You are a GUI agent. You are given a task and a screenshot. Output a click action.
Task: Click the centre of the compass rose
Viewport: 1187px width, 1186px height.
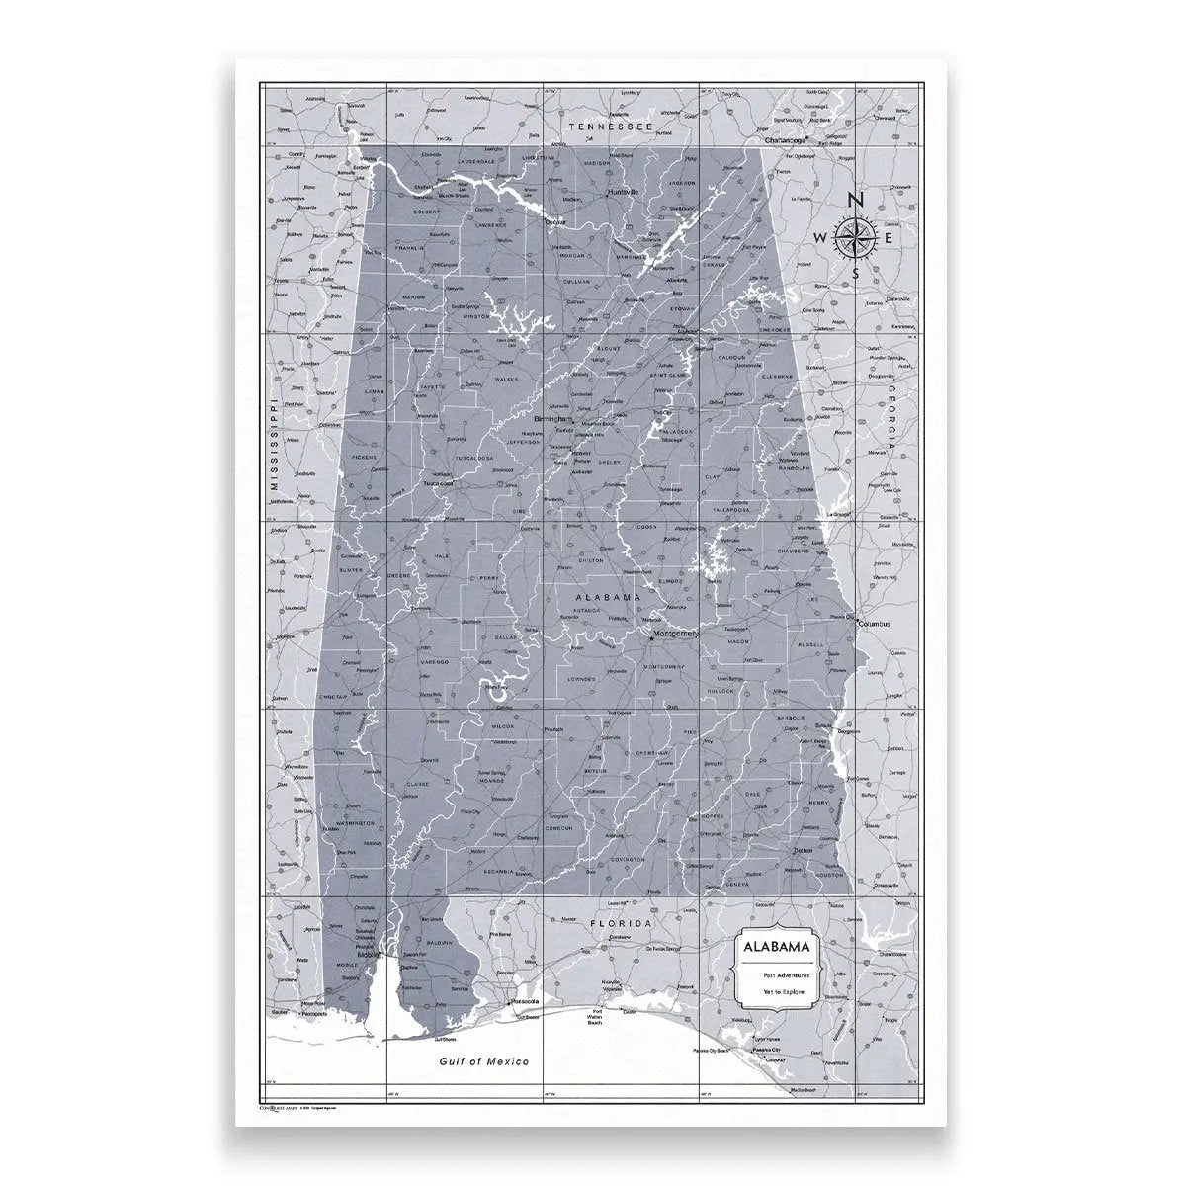click(x=856, y=238)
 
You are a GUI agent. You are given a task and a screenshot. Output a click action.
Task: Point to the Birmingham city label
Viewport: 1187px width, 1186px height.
click(x=553, y=419)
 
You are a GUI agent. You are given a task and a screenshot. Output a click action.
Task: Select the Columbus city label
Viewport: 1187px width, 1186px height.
click(x=875, y=625)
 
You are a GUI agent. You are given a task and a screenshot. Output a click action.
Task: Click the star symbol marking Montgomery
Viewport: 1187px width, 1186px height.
click(x=652, y=638)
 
